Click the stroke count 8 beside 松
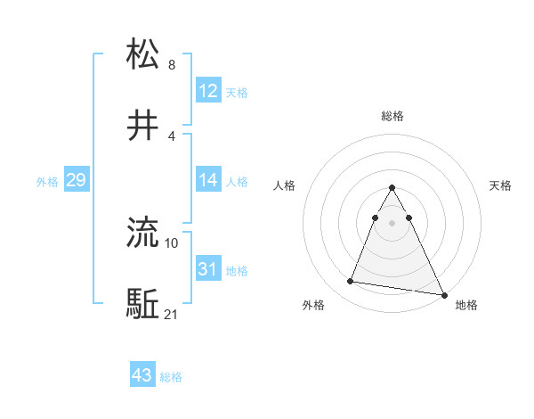point(172,65)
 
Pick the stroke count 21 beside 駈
point(172,315)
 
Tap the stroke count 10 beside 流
point(172,242)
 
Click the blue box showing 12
point(208,90)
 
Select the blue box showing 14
point(208,180)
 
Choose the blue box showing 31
point(208,268)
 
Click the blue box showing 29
point(76,180)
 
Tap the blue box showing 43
point(142,375)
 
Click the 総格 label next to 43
point(171,377)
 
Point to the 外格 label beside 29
point(47,182)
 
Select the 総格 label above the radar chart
point(392,116)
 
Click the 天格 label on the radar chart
point(500,185)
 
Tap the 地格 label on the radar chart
point(466,305)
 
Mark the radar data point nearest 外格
point(350,282)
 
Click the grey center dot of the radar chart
point(392,222)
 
